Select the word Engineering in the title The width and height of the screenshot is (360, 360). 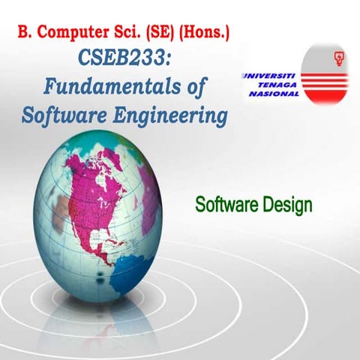(169, 115)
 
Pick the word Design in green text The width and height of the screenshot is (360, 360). (284, 204)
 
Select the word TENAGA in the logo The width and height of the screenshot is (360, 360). (275, 85)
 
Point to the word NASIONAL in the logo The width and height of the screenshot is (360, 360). (271, 95)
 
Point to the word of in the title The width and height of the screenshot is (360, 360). (190, 86)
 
